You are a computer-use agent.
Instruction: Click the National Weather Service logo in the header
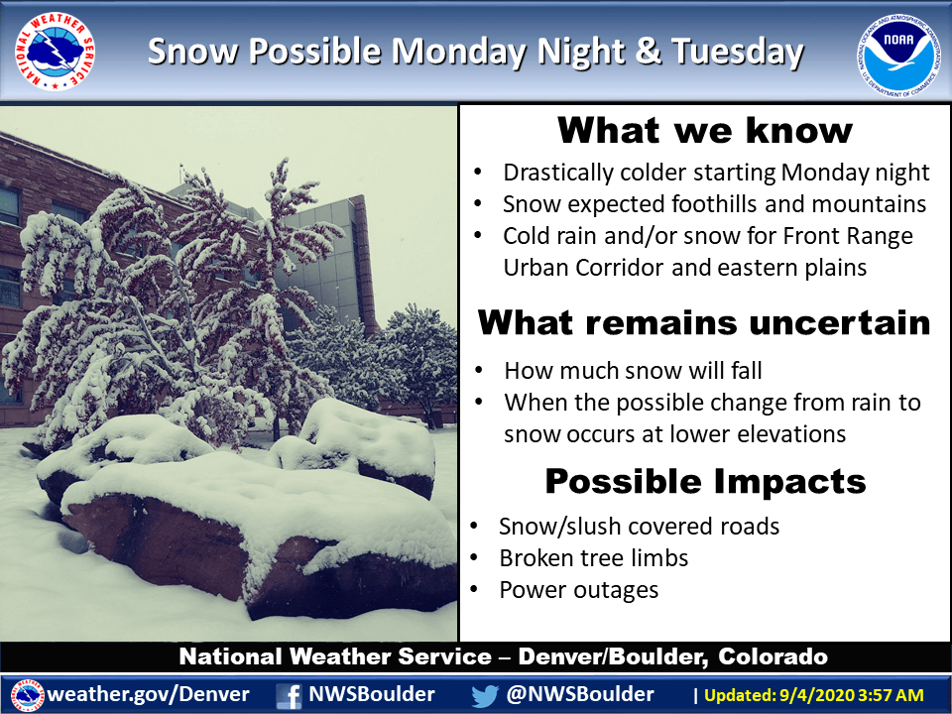(x=56, y=51)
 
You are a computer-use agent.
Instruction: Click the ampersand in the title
(x=649, y=50)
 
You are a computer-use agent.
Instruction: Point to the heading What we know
(x=705, y=130)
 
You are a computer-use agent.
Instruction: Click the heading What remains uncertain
(x=704, y=322)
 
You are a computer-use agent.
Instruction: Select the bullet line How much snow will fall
(x=633, y=370)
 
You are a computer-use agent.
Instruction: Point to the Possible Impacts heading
(x=705, y=482)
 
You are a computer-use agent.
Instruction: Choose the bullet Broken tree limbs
(x=594, y=558)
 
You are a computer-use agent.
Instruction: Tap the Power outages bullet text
(x=578, y=590)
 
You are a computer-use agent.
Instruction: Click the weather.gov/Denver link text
(x=148, y=694)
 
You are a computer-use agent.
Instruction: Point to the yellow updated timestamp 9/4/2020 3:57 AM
(x=845, y=695)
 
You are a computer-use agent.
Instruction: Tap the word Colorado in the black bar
(x=773, y=656)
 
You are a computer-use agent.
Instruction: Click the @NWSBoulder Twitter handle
(x=580, y=694)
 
